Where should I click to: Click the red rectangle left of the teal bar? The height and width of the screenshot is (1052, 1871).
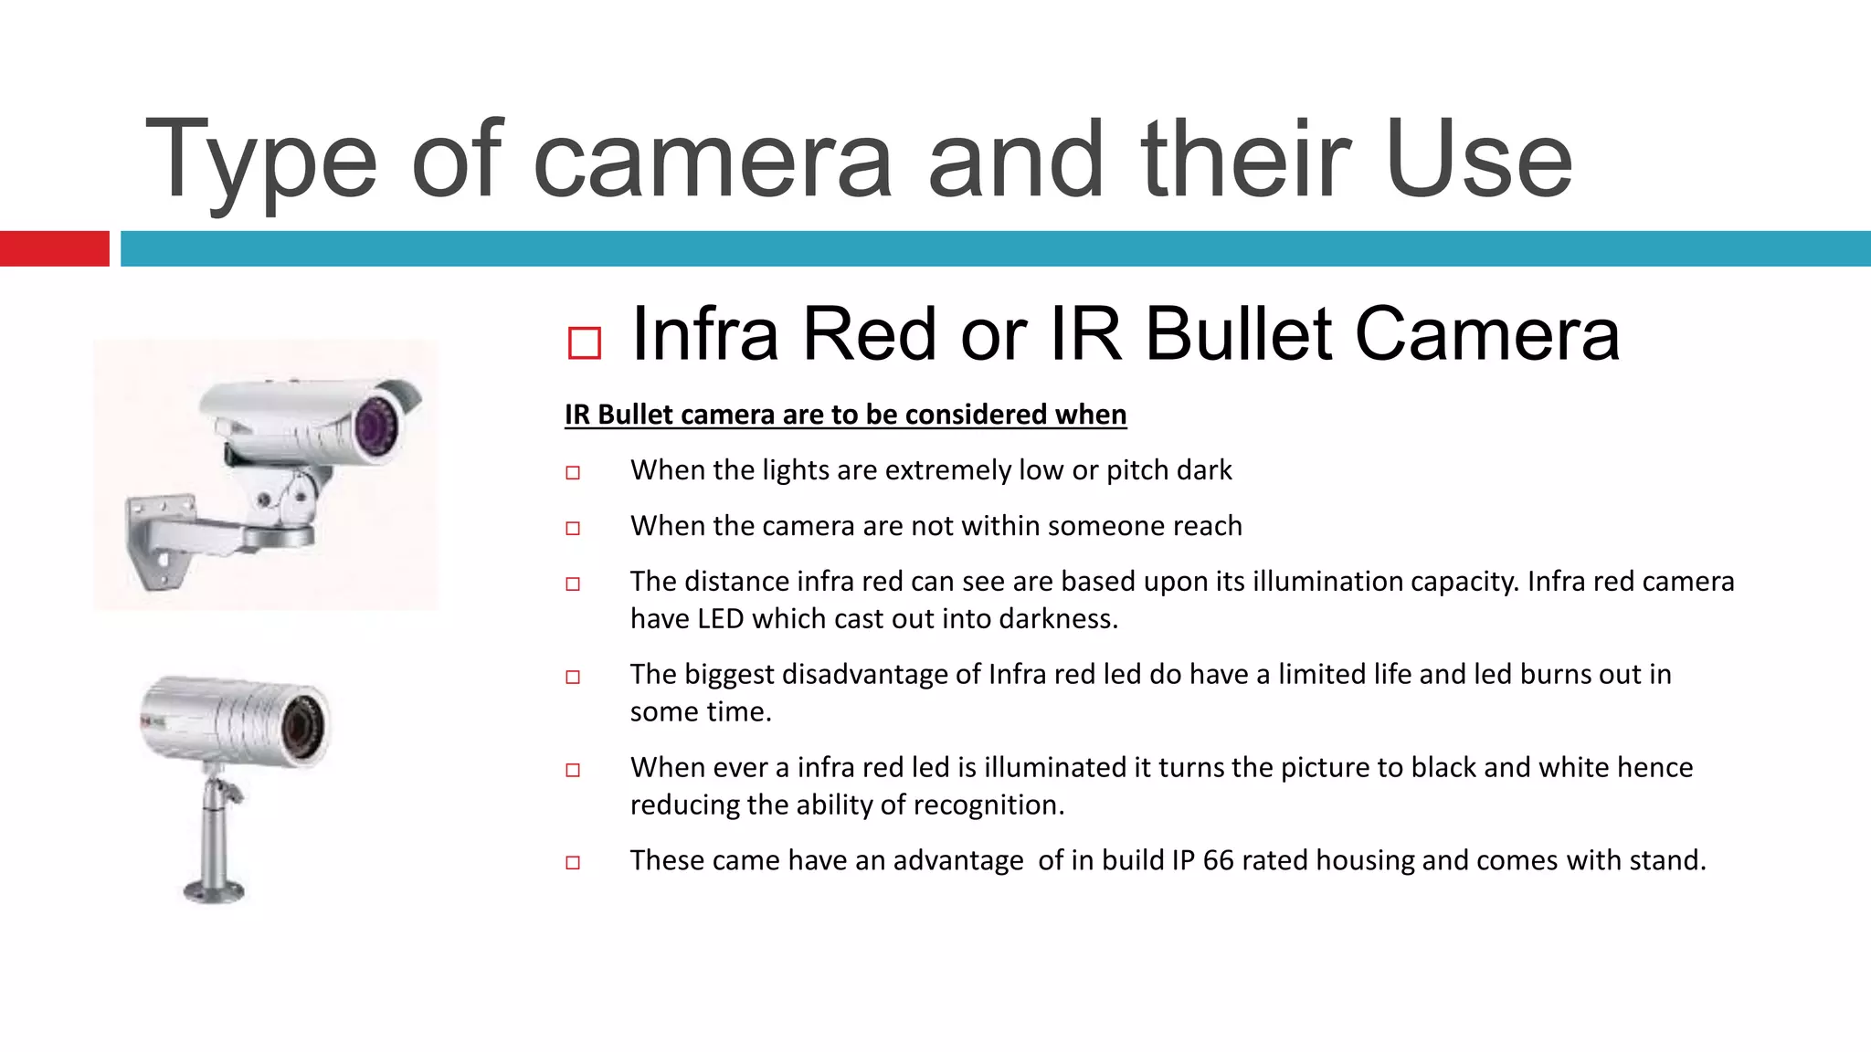[54, 248]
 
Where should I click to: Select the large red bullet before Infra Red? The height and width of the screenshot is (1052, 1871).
[584, 343]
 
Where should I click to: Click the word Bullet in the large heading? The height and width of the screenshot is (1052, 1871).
[1239, 334]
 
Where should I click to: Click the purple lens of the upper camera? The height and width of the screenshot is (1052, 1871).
[374, 424]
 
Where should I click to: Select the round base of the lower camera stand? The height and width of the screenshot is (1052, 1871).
[215, 889]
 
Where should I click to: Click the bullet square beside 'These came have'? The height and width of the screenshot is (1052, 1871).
[573, 862]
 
